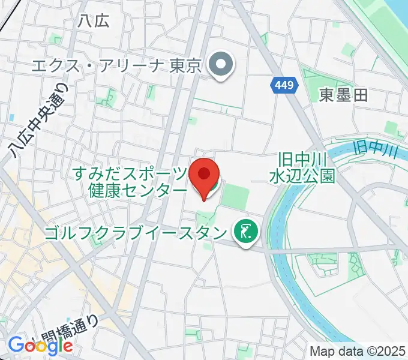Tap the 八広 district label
tap(94, 21)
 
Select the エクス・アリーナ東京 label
tap(118, 65)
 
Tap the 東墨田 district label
tap(343, 95)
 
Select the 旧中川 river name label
tap(376, 148)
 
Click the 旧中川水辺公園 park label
tap(301, 168)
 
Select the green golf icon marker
tap(245, 231)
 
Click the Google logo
tap(40, 345)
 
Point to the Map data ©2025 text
tap(358, 352)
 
